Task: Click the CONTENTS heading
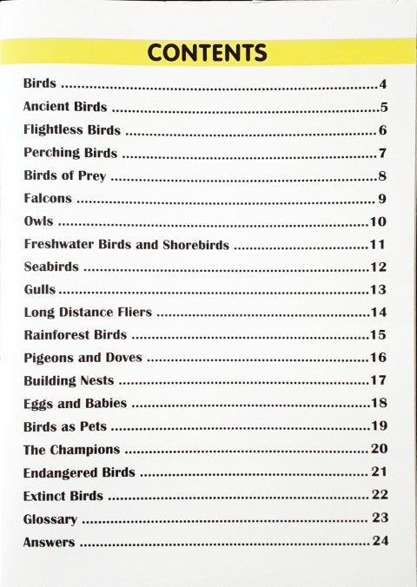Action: (x=207, y=52)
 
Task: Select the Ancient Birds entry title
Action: (x=65, y=108)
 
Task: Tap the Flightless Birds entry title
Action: (x=71, y=130)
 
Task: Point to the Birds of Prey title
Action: (x=64, y=176)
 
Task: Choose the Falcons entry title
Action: (x=48, y=199)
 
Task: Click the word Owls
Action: (x=38, y=221)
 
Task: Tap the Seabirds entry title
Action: (x=51, y=267)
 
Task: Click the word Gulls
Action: (x=39, y=289)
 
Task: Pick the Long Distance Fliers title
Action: (x=88, y=312)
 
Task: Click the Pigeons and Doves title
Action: (x=83, y=357)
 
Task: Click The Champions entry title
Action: (x=71, y=449)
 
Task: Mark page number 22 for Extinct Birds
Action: (x=379, y=495)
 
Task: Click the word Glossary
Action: (x=50, y=519)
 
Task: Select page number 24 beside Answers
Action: (x=379, y=542)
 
